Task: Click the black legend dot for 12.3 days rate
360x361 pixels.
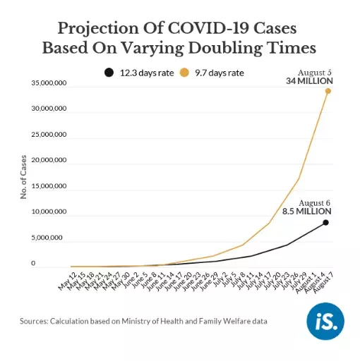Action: [x=108, y=72]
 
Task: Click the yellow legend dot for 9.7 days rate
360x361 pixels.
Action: [x=186, y=72]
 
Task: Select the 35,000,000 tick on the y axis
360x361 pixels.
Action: [x=47, y=83]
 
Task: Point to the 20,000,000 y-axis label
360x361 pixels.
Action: [x=47, y=161]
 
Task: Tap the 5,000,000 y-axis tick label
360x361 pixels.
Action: [x=49, y=238]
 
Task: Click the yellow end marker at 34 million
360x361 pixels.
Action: [x=328, y=91]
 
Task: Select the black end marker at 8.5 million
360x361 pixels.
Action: [x=325, y=223]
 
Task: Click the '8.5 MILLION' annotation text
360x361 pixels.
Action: [x=306, y=211]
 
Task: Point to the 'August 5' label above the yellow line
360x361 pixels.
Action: [x=314, y=72]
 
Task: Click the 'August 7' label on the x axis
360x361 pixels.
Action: [x=324, y=284]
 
